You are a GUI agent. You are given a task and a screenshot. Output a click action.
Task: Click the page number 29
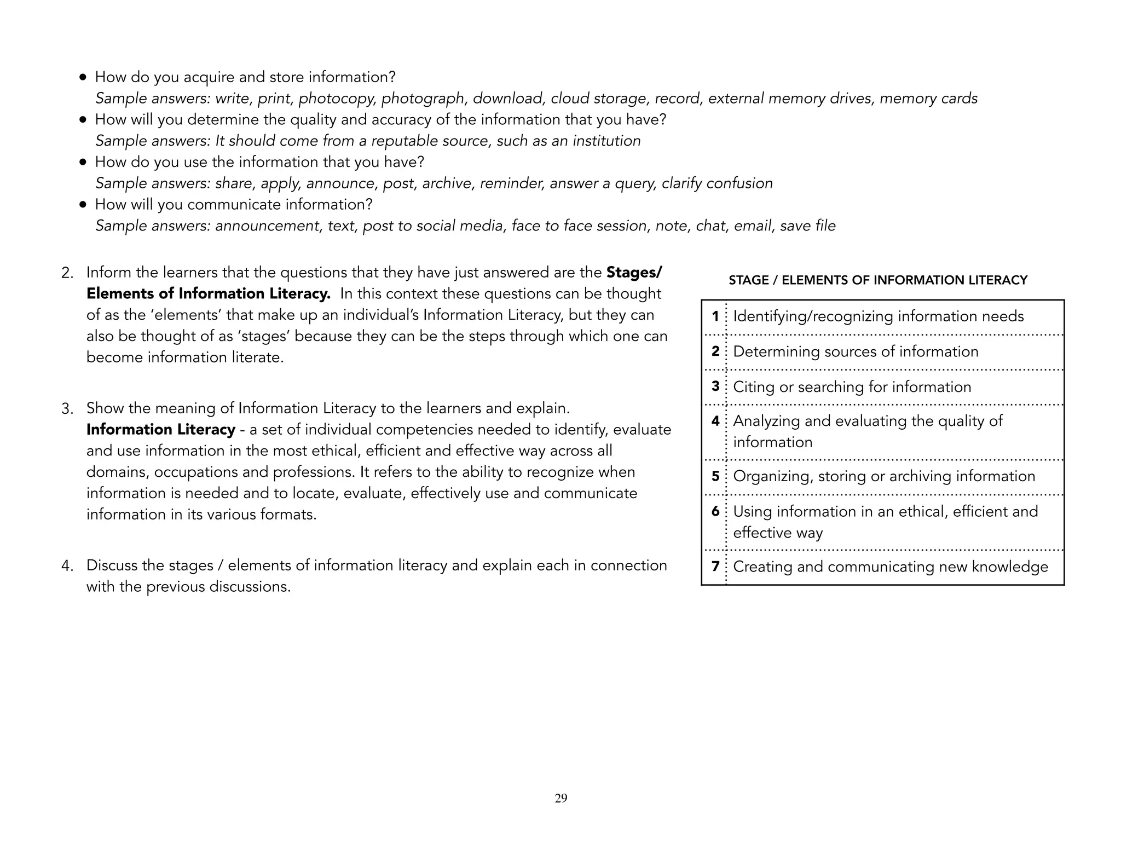560,798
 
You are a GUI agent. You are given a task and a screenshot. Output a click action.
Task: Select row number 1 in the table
715,316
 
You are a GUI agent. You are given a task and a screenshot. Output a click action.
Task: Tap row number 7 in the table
715,566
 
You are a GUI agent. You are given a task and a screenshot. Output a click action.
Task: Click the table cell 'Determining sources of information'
855,351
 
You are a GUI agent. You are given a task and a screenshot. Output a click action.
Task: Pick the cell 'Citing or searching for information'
852,386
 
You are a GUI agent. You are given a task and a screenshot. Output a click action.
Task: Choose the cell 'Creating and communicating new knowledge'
890,567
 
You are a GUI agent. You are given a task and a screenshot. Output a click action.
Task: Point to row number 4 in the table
715,421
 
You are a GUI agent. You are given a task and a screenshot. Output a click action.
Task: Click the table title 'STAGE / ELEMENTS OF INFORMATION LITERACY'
877,280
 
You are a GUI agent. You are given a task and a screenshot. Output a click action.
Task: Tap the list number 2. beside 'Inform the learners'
67,273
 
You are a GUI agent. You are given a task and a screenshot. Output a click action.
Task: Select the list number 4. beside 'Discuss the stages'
67,566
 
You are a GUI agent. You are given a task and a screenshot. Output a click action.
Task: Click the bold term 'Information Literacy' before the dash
160,430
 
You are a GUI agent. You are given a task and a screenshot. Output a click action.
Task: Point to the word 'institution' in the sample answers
606,141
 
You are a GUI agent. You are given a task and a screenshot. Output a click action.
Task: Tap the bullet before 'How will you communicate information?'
83,205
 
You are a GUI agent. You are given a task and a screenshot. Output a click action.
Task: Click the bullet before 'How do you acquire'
83,77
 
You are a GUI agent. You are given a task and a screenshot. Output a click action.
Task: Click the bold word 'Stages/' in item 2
634,272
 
